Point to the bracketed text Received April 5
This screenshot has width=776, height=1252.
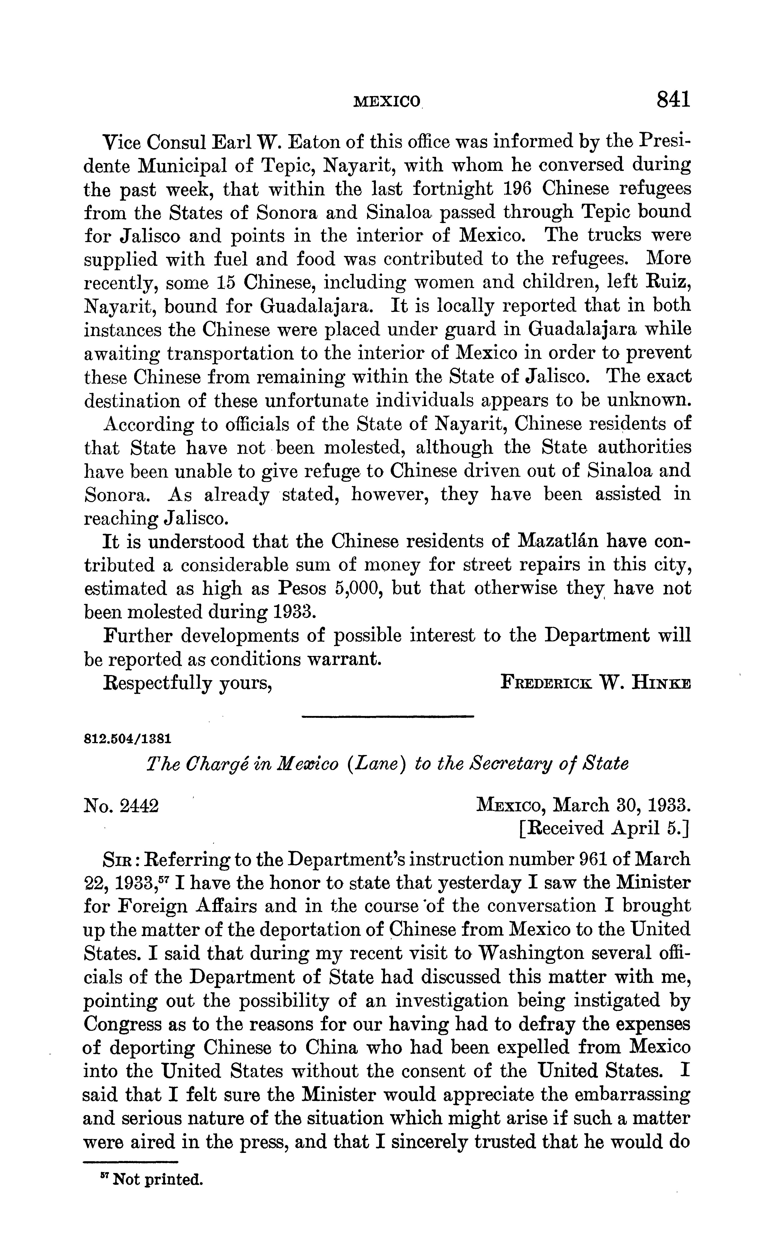(x=604, y=828)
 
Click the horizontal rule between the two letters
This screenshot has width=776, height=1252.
(x=387, y=716)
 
